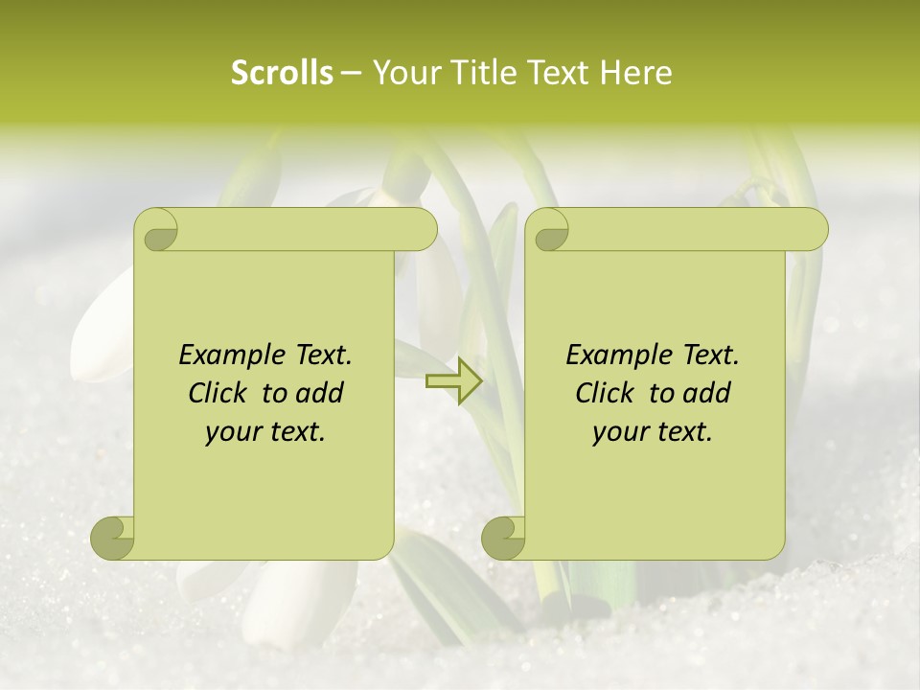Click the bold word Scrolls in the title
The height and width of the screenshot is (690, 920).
(x=282, y=73)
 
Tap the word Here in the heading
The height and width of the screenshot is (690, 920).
(x=636, y=73)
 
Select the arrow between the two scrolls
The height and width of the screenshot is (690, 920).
(x=454, y=380)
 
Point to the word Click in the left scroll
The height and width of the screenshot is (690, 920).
(x=220, y=393)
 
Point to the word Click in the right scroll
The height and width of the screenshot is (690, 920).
(x=608, y=393)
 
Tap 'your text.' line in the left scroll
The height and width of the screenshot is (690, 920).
(x=265, y=432)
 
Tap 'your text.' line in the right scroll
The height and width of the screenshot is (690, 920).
(x=653, y=432)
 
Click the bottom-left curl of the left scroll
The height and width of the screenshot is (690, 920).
(x=113, y=538)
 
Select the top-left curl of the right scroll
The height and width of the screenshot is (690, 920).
(x=549, y=231)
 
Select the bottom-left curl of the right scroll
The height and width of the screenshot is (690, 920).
(x=503, y=538)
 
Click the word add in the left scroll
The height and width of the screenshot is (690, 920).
(x=319, y=393)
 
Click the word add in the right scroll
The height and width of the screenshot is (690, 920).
(x=706, y=393)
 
